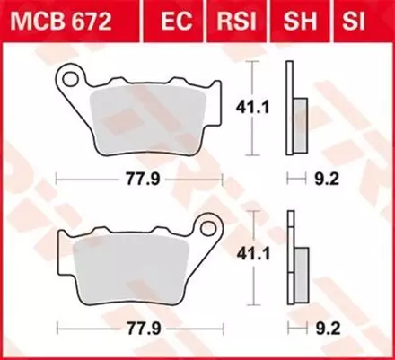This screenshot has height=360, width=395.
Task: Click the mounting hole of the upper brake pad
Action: click(67, 78)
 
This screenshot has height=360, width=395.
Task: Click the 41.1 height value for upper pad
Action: click(243, 105)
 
